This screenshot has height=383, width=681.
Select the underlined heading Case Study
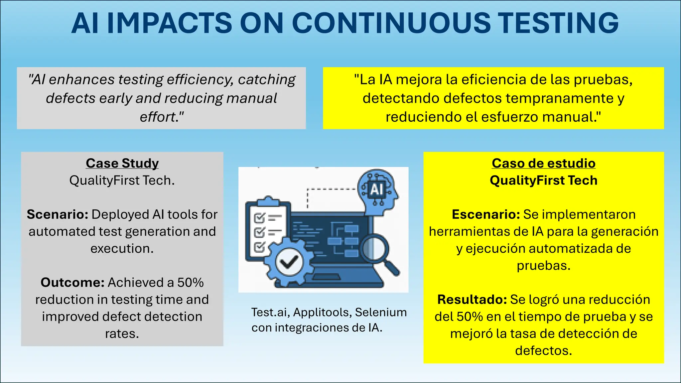click(x=122, y=163)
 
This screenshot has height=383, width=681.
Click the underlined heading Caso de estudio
click(x=543, y=163)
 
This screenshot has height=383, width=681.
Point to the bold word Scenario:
click(x=58, y=214)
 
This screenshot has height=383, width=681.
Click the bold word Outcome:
click(x=72, y=283)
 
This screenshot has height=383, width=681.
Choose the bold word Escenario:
click(x=486, y=214)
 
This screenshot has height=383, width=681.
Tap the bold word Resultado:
click(x=472, y=300)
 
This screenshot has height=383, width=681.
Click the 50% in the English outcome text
click(x=190, y=283)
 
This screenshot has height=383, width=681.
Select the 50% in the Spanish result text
click(x=470, y=317)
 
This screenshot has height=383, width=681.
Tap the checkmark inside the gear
click(x=289, y=263)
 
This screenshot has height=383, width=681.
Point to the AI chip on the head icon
click(x=377, y=190)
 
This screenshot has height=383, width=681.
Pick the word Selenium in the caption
click(x=381, y=312)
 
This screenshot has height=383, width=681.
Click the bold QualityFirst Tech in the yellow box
click(x=543, y=181)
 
